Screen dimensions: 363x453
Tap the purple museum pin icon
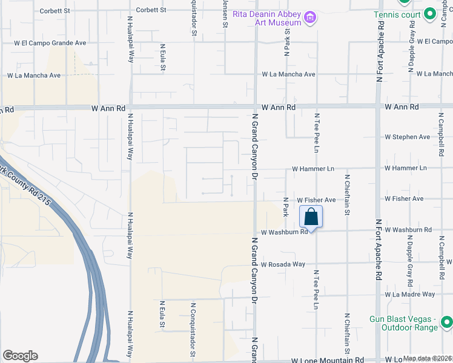click(x=311, y=17)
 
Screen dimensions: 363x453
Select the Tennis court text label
click(x=397, y=14)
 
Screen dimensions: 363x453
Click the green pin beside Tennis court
click(x=429, y=14)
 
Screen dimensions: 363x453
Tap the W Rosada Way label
click(x=283, y=264)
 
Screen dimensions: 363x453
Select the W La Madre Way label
click(x=409, y=295)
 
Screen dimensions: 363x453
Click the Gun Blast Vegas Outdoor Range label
click(x=403, y=323)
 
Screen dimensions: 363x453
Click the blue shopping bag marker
click(x=311, y=217)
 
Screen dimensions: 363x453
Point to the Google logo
click(x=21, y=355)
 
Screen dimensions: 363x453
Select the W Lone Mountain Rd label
click(x=326, y=359)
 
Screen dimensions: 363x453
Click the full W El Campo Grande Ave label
click(x=50, y=43)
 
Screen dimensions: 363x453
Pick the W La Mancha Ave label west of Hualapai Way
click(x=34, y=76)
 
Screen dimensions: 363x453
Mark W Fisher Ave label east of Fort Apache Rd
click(x=404, y=198)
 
